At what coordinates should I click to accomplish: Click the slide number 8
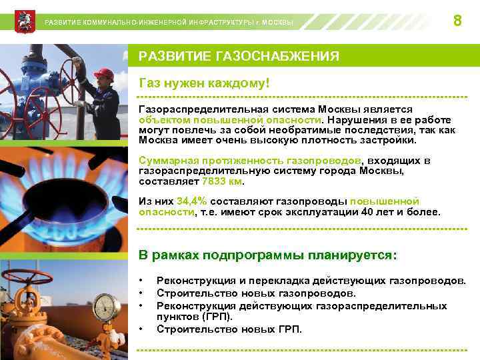457,21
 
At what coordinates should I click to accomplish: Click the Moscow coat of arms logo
22,21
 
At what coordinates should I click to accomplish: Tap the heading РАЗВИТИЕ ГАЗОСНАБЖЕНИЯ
238,57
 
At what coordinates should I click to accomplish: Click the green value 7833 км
223,181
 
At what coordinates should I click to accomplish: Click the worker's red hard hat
103,74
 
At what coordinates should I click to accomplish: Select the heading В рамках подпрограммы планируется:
267,255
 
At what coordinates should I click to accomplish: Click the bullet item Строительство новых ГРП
229,329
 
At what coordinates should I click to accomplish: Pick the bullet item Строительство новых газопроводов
256,293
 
